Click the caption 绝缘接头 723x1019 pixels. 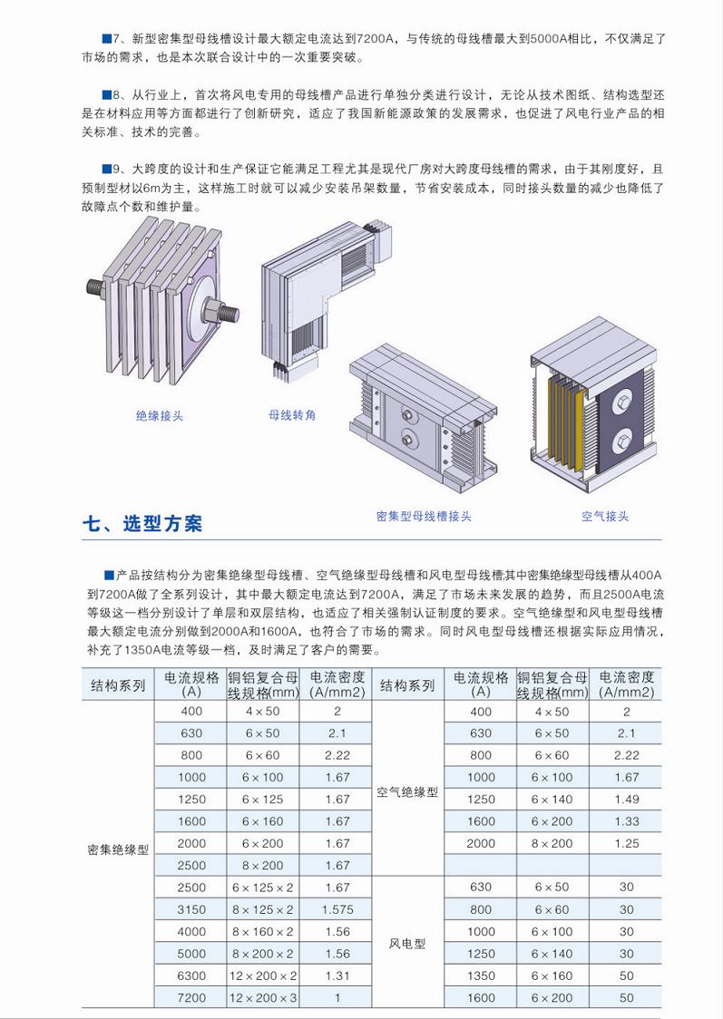pos(160,416)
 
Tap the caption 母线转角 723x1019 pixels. pos(292,414)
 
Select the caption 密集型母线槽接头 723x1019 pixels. pos(424,517)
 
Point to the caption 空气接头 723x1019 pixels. pos(605,517)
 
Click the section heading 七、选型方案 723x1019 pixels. pos(142,523)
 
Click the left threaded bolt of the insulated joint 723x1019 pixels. pos(96,288)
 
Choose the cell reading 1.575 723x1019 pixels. pos(337,910)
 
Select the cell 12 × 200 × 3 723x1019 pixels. pos(263,998)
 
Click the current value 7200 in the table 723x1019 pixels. pos(191,998)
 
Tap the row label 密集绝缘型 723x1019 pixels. pos(118,850)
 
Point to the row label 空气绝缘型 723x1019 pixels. pos(407,793)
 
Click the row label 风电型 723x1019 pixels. pos(407,944)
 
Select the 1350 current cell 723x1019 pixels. pos(481,976)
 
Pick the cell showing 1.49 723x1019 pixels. pos(627,800)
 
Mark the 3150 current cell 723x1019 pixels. pos(191,910)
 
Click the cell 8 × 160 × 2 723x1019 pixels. pos(263,932)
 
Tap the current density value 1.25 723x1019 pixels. pos(627,843)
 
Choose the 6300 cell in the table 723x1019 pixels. pos(191,976)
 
